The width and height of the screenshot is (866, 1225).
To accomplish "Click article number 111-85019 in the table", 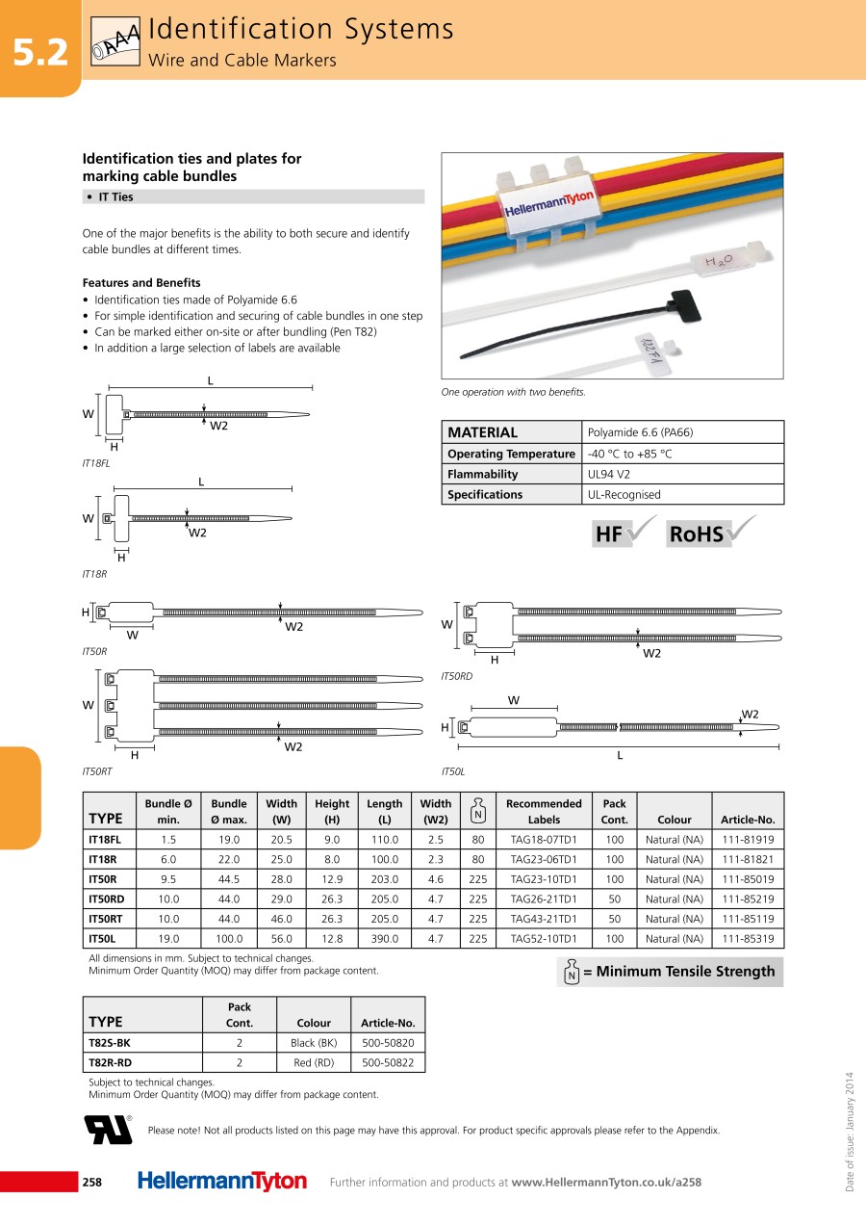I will coord(748,879).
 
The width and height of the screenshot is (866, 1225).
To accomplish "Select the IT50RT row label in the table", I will coord(106,919).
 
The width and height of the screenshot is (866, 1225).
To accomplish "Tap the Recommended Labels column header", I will coord(544,811).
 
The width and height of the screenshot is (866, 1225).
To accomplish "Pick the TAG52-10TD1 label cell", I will coord(544,939).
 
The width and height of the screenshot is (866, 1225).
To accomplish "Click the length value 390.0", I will coord(385,939).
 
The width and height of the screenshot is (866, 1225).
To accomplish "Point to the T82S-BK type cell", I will coord(110,1043).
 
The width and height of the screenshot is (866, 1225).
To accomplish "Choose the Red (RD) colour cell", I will coord(314,1063).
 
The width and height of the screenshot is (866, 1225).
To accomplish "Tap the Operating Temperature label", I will coord(511,454).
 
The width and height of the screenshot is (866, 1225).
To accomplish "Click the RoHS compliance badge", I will coord(711,533).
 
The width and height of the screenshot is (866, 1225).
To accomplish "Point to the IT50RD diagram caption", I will coord(457,677).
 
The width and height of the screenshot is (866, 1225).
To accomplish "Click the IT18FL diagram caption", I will coord(96,463).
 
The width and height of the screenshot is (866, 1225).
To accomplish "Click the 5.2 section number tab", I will coord(40,53).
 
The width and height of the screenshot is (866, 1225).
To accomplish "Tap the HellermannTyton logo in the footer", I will coord(222,1182).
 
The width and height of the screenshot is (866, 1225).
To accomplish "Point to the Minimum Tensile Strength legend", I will coord(670,972).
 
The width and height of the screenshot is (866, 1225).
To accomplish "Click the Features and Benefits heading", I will coord(141,283).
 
